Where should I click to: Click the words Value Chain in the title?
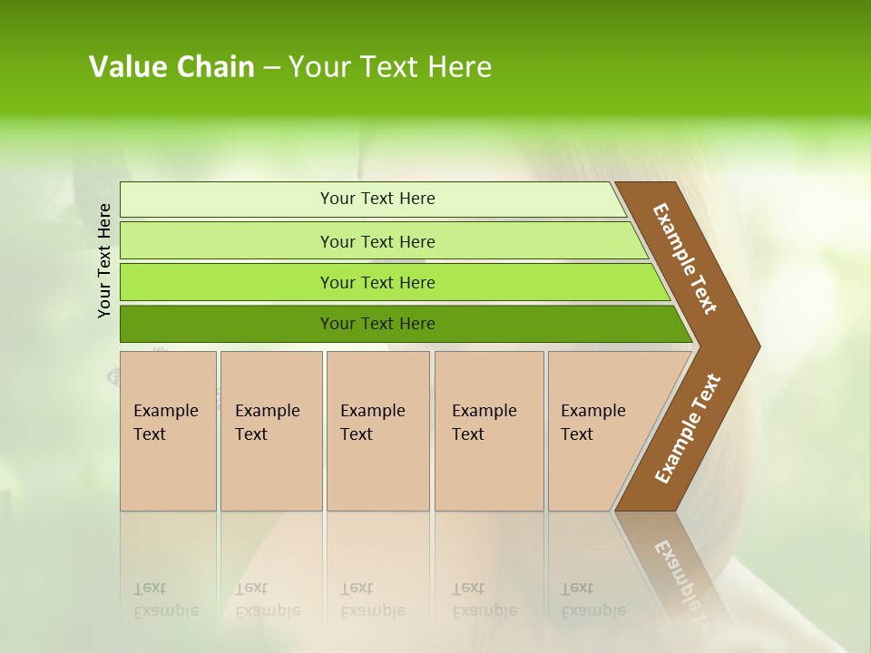[171, 67]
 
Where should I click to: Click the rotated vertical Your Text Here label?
[104, 260]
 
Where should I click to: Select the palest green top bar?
[227, 199]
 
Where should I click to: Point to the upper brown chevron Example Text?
[685, 258]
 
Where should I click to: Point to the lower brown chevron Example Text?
[687, 429]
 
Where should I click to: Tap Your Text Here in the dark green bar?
[377, 324]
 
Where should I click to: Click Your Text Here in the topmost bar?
[377, 199]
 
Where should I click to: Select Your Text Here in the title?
[390, 67]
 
